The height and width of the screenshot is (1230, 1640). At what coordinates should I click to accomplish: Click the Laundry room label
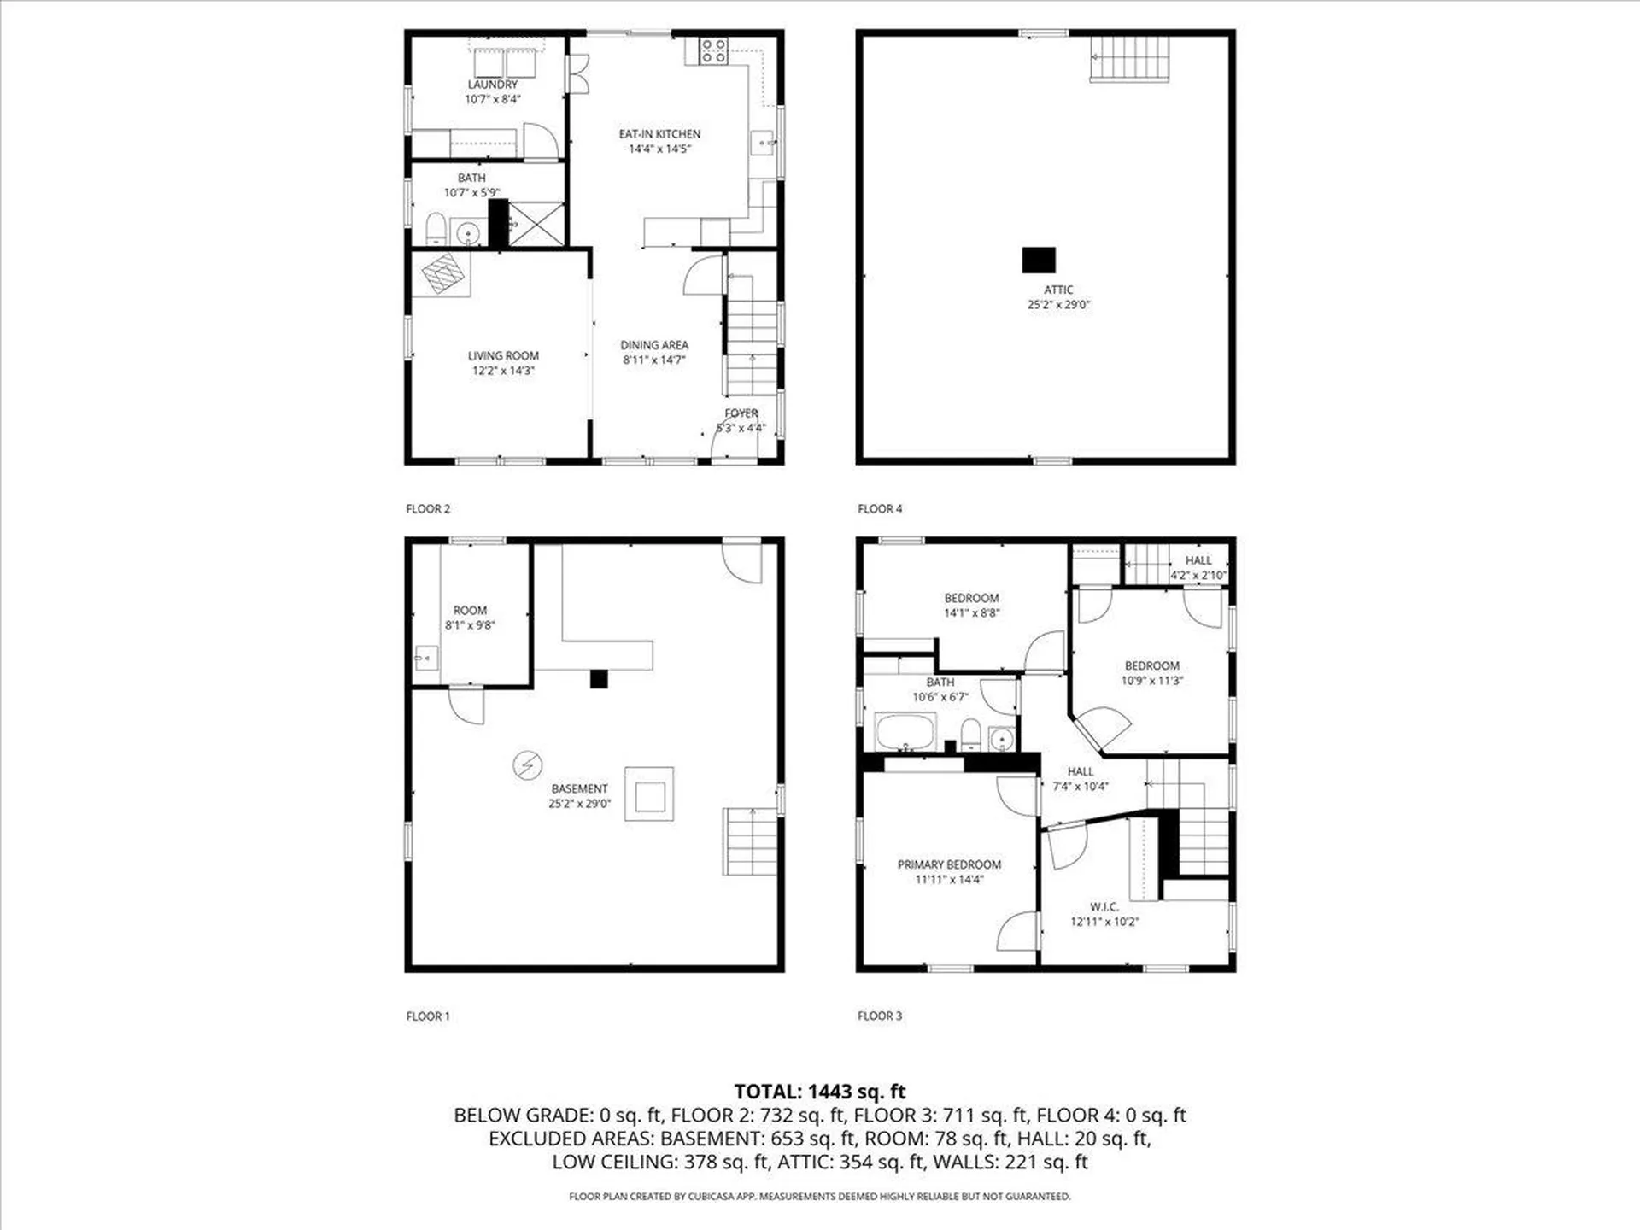[x=492, y=85]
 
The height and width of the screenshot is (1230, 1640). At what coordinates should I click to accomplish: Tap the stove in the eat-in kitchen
[x=714, y=51]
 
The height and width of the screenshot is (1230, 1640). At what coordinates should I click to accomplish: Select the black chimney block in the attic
[x=1039, y=260]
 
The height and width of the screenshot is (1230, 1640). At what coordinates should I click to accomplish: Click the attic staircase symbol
[x=1129, y=59]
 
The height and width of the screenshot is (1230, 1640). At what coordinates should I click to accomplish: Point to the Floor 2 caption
[x=428, y=508]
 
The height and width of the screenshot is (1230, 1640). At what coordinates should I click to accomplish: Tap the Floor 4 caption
[x=880, y=508]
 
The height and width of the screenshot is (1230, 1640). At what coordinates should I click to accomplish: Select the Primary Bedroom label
[x=949, y=864]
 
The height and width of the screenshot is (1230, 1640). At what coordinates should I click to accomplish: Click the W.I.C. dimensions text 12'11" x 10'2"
[x=1104, y=922]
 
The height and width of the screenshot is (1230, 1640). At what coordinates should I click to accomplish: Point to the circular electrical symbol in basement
[x=527, y=764]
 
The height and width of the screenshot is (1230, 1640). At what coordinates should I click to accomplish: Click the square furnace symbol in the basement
[x=649, y=794]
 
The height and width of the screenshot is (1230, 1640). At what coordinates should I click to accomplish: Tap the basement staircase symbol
[x=750, y=841]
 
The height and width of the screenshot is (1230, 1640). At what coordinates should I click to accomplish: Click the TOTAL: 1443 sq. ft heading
[x=820, y=1092]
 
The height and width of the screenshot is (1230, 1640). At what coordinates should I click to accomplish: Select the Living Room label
[x=503, y=355]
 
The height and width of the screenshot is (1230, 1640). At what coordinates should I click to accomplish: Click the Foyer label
[x=741, y=413]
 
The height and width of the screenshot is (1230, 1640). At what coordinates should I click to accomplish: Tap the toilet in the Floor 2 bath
[x=436, y=229]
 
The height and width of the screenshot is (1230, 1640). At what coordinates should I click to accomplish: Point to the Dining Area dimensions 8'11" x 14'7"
[x=654, y=360]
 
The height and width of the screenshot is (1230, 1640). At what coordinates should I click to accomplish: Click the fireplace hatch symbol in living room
[x=444, y=274]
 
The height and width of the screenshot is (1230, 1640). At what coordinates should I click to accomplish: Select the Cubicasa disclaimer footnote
[x=820, y=1197]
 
